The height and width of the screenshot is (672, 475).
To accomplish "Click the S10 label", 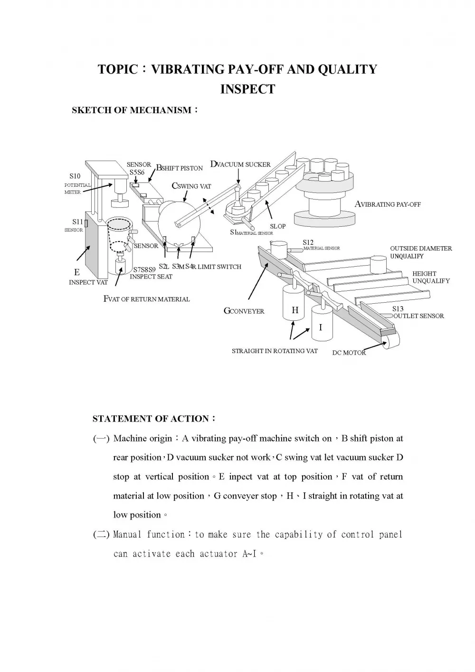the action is point(75,176).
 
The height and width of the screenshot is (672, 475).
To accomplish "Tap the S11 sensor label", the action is point(77,221).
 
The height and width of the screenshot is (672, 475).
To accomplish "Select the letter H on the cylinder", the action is point(295,310).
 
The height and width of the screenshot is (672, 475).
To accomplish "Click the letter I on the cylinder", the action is point(321,327).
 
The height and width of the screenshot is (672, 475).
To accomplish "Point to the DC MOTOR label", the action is point(349,353).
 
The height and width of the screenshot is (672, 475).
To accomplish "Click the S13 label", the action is point(398,309).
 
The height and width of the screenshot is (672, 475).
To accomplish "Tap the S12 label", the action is point(308,242).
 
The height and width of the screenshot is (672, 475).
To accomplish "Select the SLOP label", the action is point(278,226).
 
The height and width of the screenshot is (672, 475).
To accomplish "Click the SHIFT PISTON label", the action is point(182,168).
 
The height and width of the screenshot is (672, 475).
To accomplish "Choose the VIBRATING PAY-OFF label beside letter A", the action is point(391,205).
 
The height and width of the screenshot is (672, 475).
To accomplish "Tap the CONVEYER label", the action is point(247,311).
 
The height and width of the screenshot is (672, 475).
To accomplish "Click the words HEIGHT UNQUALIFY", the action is point(431,277).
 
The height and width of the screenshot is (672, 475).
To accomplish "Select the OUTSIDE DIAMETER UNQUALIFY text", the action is point(421,252).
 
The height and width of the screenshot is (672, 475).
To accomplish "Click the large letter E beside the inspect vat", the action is point(77,272).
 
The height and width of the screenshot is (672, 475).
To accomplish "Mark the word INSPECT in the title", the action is point(247,89).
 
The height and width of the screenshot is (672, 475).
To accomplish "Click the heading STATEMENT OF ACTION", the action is point(151,419).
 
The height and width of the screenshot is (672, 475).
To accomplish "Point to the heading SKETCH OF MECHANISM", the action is point(132,110).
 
